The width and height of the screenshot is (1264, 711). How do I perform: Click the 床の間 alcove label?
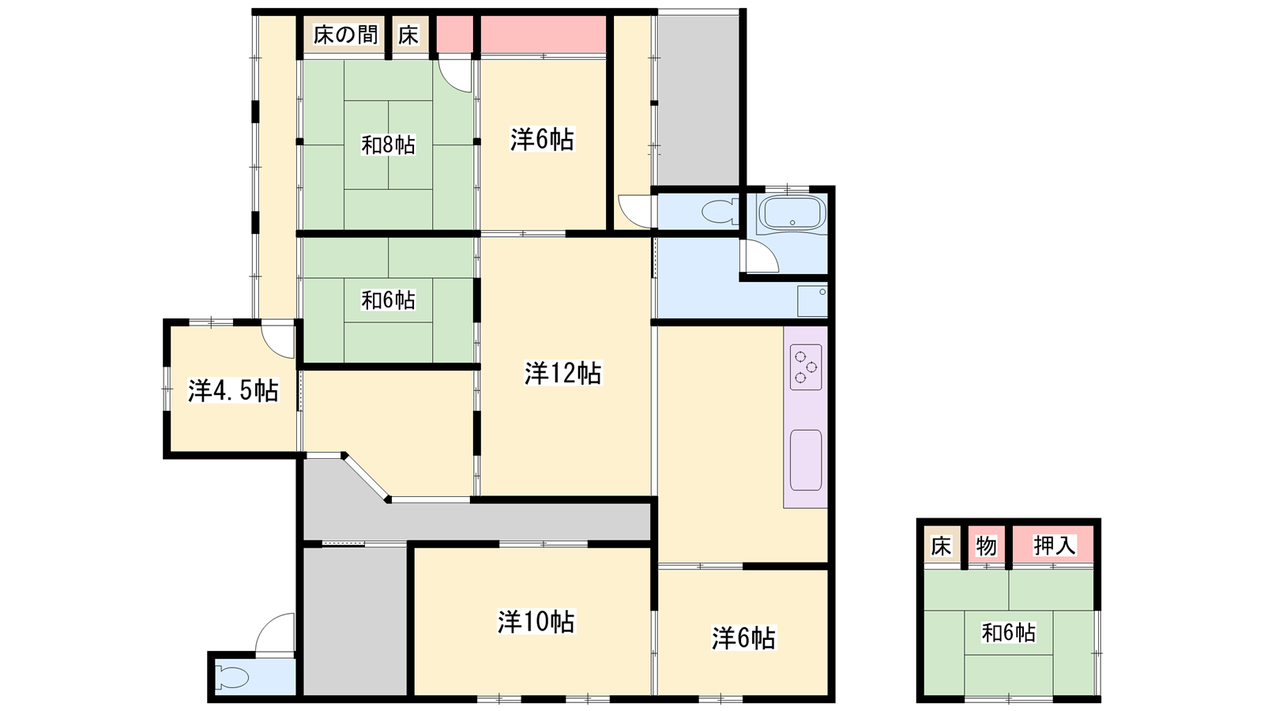tap(345, 36)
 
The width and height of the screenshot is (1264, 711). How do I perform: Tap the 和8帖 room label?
tap(388, 145)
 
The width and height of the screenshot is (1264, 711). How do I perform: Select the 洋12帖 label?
tap(562, 373)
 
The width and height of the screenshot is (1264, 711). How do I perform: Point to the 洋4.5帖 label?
tap(233, 390)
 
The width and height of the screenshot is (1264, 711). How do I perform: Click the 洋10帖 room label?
tap(536, 622)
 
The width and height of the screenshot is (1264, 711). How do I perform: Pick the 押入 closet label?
tap(1054, 546)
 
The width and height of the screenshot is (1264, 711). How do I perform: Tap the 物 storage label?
tap(986, 546)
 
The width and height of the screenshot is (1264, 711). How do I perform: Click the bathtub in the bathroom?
tap(792, 213)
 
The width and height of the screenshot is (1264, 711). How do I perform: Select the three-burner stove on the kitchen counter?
tap(806, 367)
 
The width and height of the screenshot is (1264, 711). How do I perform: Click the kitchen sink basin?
tap(806, 460)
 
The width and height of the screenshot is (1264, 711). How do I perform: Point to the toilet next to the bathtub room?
tap(720, 213)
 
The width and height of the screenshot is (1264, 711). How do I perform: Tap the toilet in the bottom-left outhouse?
tap(232, 678)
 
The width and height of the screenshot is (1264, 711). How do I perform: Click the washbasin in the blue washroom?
tap(813, 301)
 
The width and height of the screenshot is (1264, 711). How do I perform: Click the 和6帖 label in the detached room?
tap(1008, 633)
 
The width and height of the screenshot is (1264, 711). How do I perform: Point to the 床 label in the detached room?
tap(941, 546)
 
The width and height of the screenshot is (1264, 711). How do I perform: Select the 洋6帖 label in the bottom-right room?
tap(743, 638)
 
